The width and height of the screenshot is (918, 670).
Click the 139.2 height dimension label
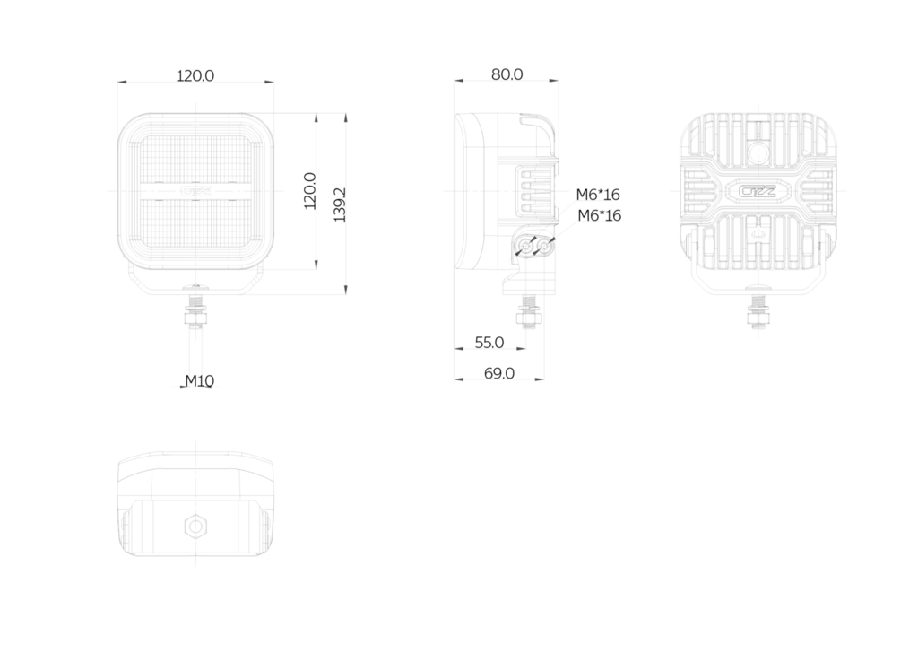[x=340, y=205]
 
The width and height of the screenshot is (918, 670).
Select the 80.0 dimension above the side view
[x=507, y=74]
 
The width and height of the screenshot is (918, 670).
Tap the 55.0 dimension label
[x=489, y=342]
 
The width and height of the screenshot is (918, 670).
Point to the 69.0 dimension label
[x=498, y=373]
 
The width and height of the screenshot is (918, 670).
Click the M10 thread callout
[x=200, y=380]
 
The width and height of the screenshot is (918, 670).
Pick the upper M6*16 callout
[x=598, y=195]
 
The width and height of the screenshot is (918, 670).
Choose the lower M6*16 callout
[x=600, y=215]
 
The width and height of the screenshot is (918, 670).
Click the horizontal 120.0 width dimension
[x=195, y=75]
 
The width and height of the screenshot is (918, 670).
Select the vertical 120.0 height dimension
[x=309, y=191]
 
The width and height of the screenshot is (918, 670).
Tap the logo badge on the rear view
[x=758, y=192]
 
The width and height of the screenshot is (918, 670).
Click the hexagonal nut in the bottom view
[x=195, y=526]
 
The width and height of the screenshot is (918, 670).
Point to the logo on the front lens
[x=195, y=191]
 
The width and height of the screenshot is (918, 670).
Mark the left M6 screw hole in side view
[x=525, y=248]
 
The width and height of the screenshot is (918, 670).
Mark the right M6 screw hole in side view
[x=544, y=247]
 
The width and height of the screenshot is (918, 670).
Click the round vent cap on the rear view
[x=758, y=153]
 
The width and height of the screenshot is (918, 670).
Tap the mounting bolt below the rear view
[x=758, y=310]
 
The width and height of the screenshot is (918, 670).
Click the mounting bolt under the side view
[x=528, y=310]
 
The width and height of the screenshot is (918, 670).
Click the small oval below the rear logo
[x=758, y=233]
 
